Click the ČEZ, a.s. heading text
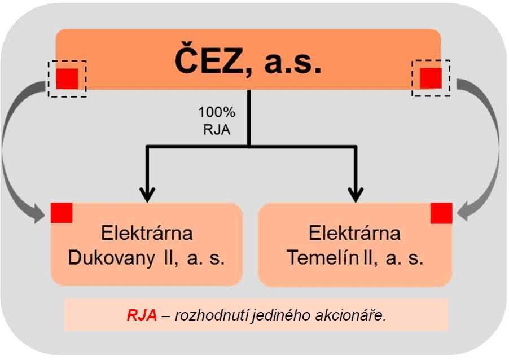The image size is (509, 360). [x=248, y=60]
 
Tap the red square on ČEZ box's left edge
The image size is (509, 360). [x=67, y=78]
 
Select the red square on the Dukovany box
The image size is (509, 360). [x=62, y=212]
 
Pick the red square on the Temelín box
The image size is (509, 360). [x=441, y=213]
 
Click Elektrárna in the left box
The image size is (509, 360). [x=147, y=233]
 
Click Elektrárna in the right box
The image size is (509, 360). [x=355, y=233]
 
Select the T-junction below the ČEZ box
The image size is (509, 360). [x=249, y=146]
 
